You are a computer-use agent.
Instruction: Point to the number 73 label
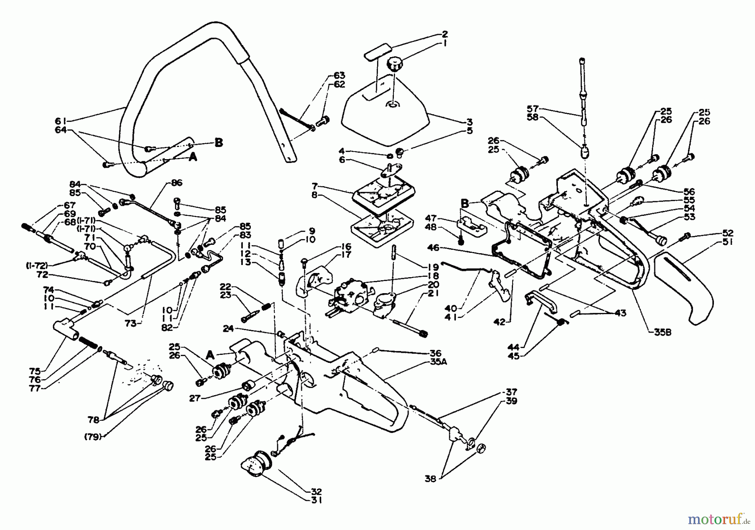tap(132, 324)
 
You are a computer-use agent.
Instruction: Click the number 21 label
tap(433, 294)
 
